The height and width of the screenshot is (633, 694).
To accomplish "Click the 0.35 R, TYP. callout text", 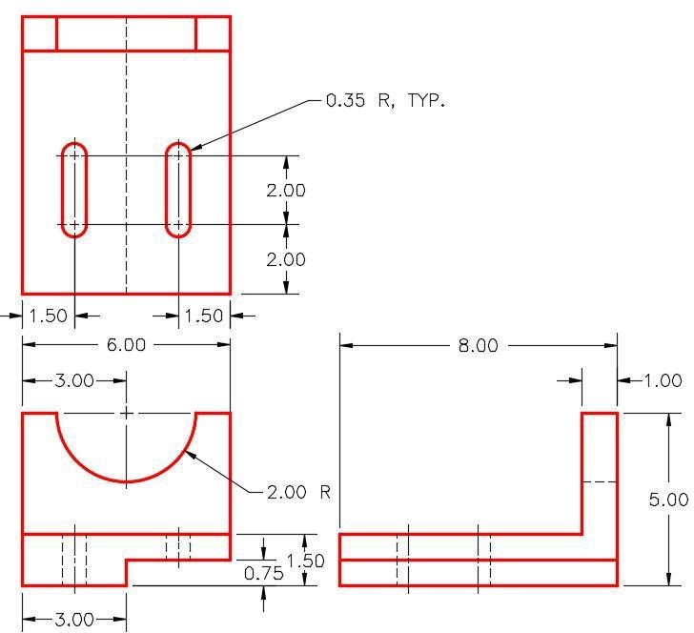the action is (385, 100).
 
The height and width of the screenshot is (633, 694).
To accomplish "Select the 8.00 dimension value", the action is (478, 345).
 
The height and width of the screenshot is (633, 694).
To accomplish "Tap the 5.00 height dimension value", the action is (669, 500).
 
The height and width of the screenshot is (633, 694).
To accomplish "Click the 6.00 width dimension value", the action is (126, 345).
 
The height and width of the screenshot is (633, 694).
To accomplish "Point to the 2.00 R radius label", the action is (298, 492).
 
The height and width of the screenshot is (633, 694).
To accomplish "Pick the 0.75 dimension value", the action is (264, 573).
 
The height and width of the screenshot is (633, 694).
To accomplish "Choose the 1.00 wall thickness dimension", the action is (663, 380).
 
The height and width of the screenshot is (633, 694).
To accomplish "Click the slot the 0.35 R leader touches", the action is (178, 190).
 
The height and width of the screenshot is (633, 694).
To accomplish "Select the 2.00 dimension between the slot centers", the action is (286, 191).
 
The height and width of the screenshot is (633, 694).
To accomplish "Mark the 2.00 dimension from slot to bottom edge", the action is (286, 259).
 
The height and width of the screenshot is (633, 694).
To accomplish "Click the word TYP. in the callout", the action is (426, 100).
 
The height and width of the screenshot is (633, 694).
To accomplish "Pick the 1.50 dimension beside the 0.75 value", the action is (305, 561).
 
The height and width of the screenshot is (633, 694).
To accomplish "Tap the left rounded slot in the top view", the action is (74, 190).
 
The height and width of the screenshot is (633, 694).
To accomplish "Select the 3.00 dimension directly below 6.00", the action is (74, 380).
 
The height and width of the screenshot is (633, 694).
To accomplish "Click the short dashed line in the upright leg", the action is (599, 481).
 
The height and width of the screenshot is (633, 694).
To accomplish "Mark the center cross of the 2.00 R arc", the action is (127, 413).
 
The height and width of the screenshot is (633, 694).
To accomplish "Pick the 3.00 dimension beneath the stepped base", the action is (74, 619).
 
